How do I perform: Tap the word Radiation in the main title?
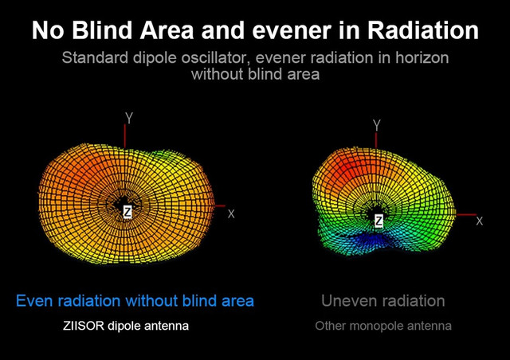423,30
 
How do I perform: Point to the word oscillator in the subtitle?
216,58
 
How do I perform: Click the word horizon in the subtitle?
422,58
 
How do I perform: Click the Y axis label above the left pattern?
129,118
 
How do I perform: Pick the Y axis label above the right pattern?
377,125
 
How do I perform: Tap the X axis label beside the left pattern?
231,214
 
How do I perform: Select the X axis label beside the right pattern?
480,221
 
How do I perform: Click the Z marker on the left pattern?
127,213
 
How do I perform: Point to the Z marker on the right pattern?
379,221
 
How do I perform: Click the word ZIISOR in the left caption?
84,326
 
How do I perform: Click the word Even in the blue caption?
35,300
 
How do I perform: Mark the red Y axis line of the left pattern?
124,136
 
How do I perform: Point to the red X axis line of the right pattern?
466,214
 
